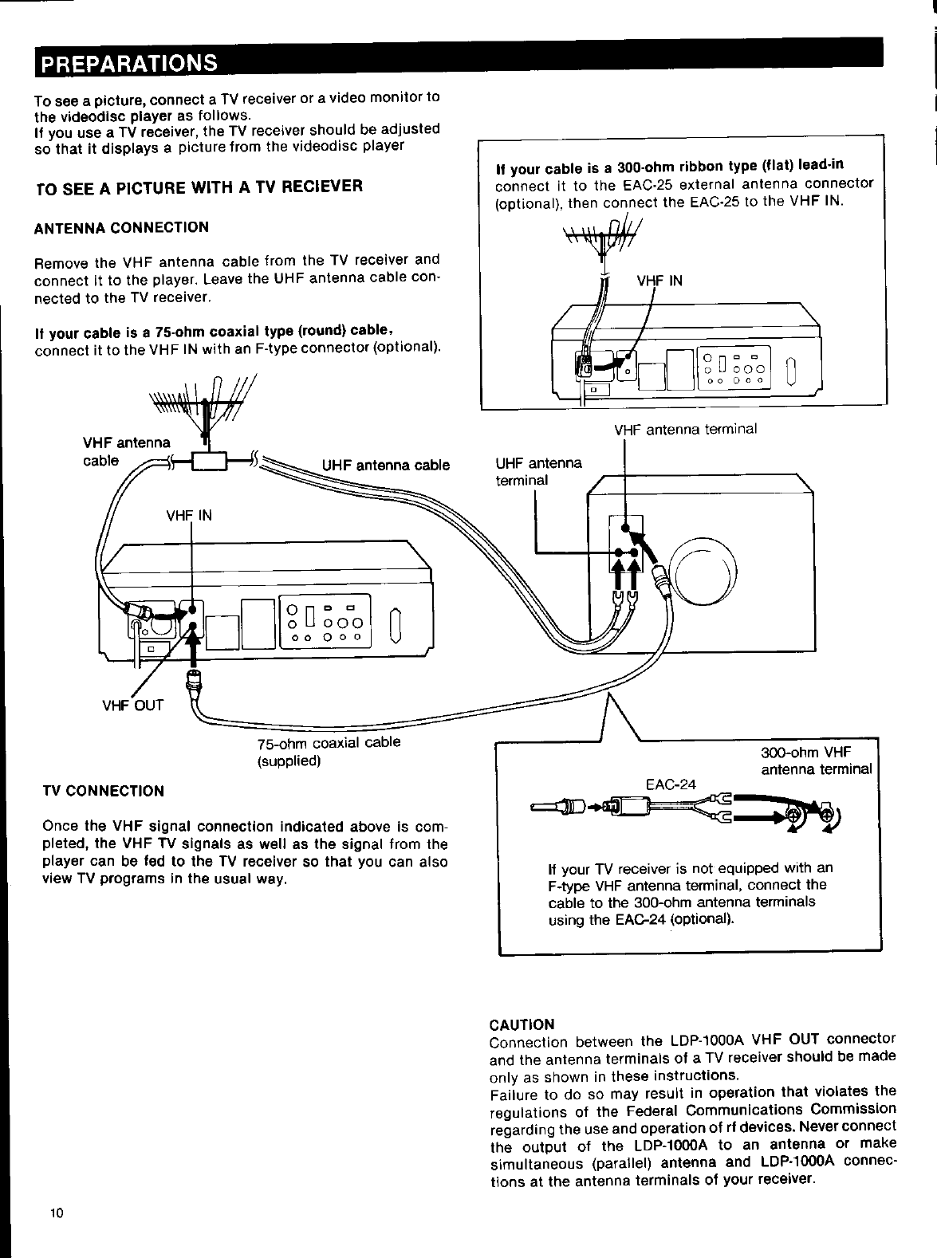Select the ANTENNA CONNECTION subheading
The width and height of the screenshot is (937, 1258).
[121, 227]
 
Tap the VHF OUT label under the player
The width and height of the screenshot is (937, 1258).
[132, 705]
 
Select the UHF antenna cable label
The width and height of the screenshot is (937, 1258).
[385, 466]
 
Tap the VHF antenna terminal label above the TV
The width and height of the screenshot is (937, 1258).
[685, 430]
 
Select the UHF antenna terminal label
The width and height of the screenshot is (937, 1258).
[539, 471]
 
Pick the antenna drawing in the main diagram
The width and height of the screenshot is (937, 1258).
[205, 405]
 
